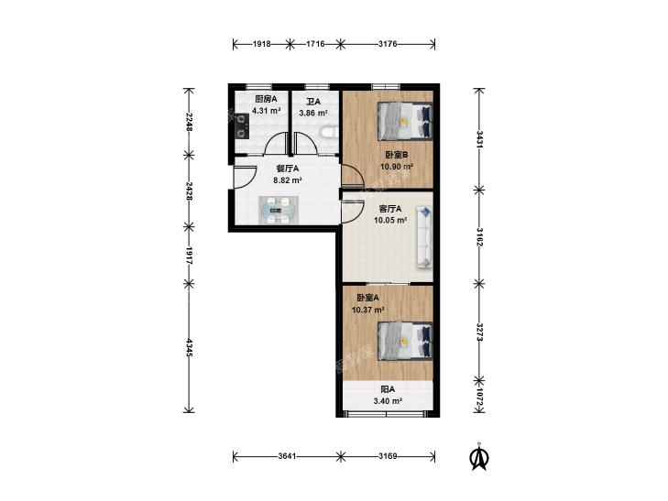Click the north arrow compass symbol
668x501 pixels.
pyautogui.click(x=479, y=457)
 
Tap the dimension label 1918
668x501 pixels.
pyautogui.click(x=261, y=44)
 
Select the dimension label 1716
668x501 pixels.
pyautogui.click(x=316, y=44)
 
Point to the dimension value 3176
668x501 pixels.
pyautogui.click(x=388, y=44)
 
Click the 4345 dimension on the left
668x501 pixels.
pyautogui.click(x=189, y=347)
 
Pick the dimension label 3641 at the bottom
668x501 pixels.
pyautogui.click(x=287, y=456)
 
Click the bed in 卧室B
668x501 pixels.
pyautogui.click(x=405, y=121)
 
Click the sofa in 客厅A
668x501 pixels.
pyautogui.click(x=425, y=237)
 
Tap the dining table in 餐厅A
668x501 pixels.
pyautogui.click(x=279, y=211)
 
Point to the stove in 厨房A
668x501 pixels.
pyautogui.click(x=242, y=126)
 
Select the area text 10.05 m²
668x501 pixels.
pyautogui.click(x=389, y=220)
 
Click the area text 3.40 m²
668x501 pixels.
pyautogui.click(x=388, y=400)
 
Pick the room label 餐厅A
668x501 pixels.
pyautogui.click(x=288, y=169)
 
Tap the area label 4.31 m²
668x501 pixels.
pyautogui.click(x=266, y=111)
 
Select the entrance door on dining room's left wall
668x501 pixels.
pyautogui.click(x=245, y=177)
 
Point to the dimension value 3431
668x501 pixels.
pyautogui.click(x=479, y=139)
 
